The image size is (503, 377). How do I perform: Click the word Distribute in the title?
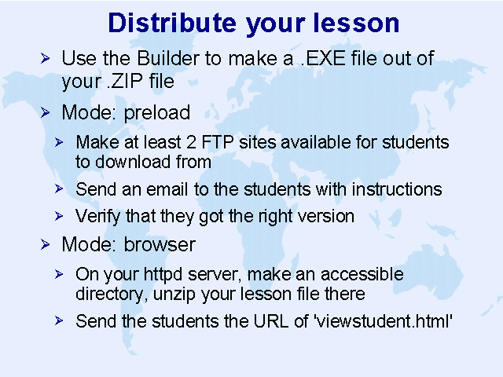point(172,23)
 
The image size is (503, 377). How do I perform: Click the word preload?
point(157,113)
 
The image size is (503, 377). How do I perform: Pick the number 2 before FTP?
point(191,142)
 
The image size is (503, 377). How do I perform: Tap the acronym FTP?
point(218,142)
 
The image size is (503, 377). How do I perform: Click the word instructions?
point(397,189)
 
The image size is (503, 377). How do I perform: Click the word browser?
point(160,244)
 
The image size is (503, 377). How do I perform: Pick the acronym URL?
point(271,321)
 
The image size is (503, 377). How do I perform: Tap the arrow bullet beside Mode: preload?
point(46,113)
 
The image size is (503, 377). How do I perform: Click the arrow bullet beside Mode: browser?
point(46,244)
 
